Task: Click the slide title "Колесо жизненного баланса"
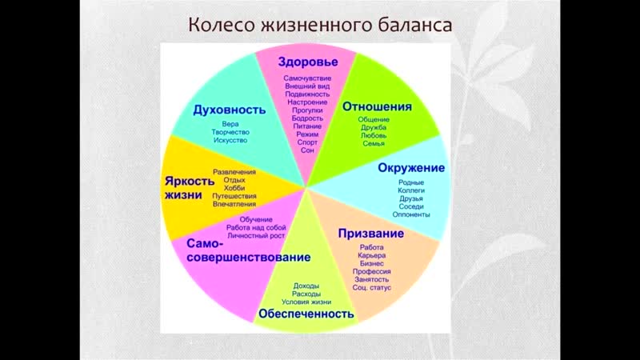coord(320,25)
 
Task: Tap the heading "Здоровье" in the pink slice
coord(308,62)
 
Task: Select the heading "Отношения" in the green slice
coord(377,106)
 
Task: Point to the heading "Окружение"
coord(411,168)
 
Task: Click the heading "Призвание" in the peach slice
coord(371,234)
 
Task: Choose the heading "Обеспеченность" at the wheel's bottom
coord(306,314)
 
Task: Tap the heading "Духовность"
coord(230,110)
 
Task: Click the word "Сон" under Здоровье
coord(307,150)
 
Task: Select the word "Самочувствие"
coord(307,78)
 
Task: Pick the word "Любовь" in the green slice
coord(374,135)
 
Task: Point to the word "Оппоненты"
coord(411,214)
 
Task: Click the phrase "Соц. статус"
coord(372,287)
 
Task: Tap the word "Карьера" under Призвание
coord(371,255)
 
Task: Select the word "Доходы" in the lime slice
coord(306,286)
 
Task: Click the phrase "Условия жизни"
coord(306,302)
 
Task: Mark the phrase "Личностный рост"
coord(256,235)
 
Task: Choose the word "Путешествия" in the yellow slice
coord(234,196)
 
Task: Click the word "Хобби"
coord(234,188)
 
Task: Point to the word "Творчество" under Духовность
coord(230,132)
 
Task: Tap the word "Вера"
coord(230,124)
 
